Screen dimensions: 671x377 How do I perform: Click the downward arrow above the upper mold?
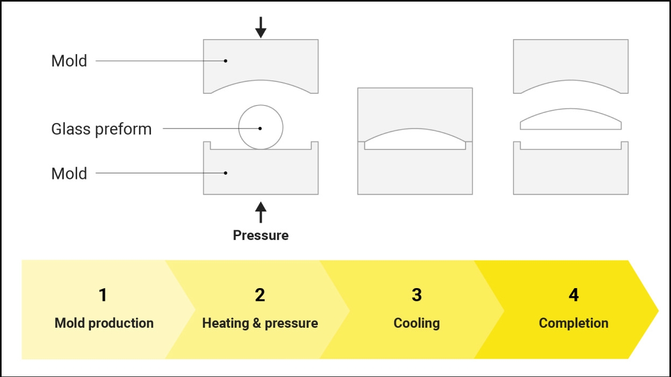tap(261, 27)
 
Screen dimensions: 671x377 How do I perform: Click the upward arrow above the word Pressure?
tap(261, 212)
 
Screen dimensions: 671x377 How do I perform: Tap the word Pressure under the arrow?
tap(261, 236)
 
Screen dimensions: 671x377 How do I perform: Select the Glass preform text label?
tap(101, 130)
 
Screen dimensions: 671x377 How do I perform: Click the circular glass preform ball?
tap(261, 127)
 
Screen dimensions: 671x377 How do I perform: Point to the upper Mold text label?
tap(69, 61)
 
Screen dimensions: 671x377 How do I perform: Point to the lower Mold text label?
tap(69, 174)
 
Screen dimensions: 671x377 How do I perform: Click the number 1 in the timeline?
tap(103, 295)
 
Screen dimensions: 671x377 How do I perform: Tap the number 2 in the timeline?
tap(260, 295)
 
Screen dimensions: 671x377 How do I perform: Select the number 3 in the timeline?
tap(417, 295)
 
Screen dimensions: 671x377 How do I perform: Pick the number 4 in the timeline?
tap(574, 295)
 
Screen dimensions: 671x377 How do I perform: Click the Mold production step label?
tap(104, 323)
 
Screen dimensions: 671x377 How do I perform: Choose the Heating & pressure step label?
tap(260, 323)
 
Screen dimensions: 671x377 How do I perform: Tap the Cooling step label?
tap(417, 323)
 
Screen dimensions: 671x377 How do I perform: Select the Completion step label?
tap(574, 323)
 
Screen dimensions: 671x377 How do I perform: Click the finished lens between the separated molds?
tap(570, 119)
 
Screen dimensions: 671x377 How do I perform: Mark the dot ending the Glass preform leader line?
tap(260, 129)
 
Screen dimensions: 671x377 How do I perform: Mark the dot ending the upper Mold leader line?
tap(226, 61)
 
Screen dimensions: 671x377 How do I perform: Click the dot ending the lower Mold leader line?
tap(226, 173)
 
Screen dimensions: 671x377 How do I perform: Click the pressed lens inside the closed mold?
tap(415, 139)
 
